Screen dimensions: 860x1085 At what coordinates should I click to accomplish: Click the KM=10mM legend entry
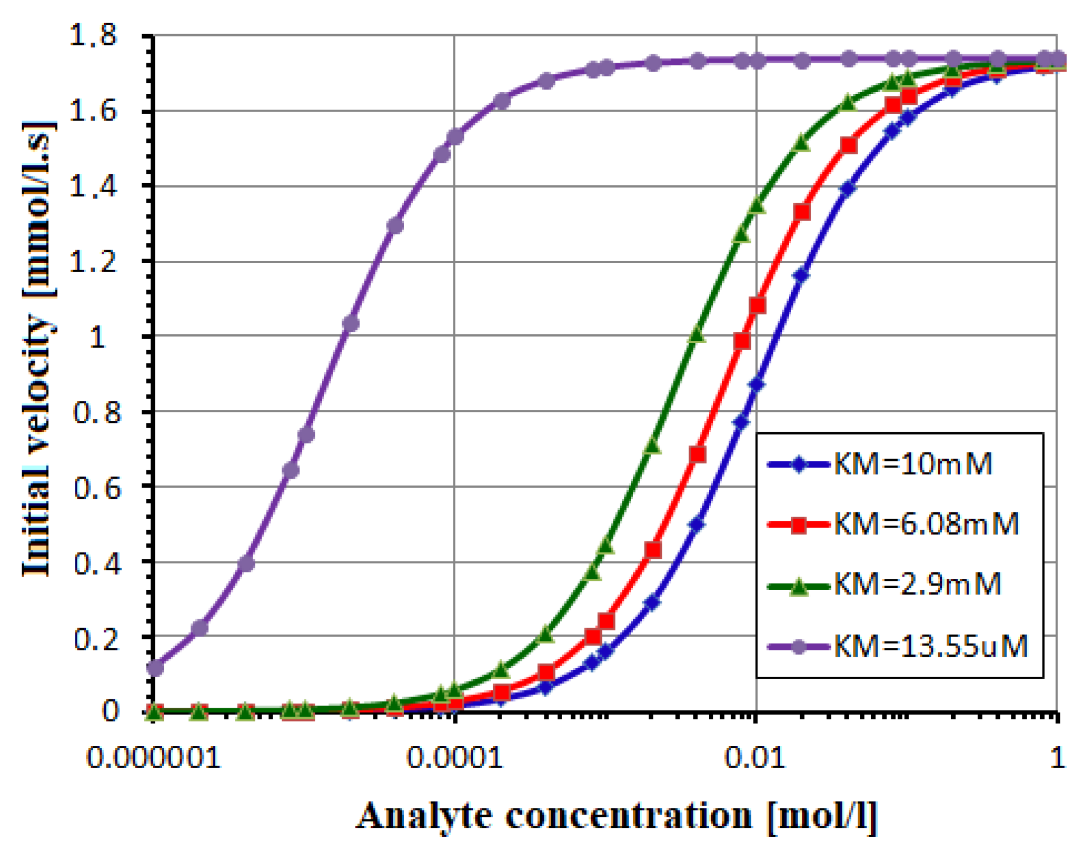click(x=913, y=464)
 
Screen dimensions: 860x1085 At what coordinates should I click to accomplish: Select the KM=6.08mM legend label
click(x=926, y=524)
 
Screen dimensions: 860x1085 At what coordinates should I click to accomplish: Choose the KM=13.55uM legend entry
click(x=930, y=646)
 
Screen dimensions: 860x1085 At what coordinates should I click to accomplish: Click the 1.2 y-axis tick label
click(x=92, y=261)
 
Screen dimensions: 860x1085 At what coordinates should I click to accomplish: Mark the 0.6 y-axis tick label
click(x=97, y=488)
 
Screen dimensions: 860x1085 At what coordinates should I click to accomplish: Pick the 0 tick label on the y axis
click(x=110, y=711)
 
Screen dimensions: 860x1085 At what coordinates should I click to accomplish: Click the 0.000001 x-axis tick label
click(x=153, y=758)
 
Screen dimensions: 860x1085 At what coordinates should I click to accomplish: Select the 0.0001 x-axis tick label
click(x=454, y=758)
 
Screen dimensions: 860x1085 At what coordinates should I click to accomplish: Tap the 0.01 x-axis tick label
click(x=755, y=758)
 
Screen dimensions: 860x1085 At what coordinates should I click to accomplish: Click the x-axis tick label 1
click(x=1056, y=758)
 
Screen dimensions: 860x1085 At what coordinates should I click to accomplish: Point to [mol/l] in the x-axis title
click(x=821, y=816)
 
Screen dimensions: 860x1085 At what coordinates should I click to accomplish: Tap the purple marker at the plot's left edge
click(x=155, y=667)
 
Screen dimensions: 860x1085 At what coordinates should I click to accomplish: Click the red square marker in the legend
click(x=799, y=525)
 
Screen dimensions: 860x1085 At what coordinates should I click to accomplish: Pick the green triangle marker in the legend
click(x=799, y=586)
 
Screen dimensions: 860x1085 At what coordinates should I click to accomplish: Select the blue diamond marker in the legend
click(x=799, y=464)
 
